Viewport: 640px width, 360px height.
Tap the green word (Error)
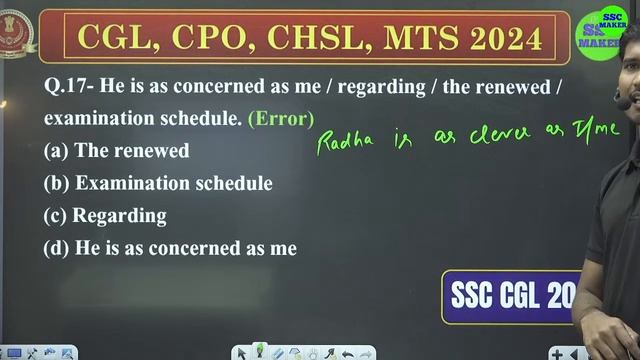[x=280, y=118]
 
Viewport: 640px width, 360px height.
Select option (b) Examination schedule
[x=158, y=183]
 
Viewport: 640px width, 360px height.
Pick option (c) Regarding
[x=105, y=215]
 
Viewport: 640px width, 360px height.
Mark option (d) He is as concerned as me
[x=170, y=248]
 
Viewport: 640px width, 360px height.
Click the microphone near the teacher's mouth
[x=622, y=101]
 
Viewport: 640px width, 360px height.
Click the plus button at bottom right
[x=583, y=353]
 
